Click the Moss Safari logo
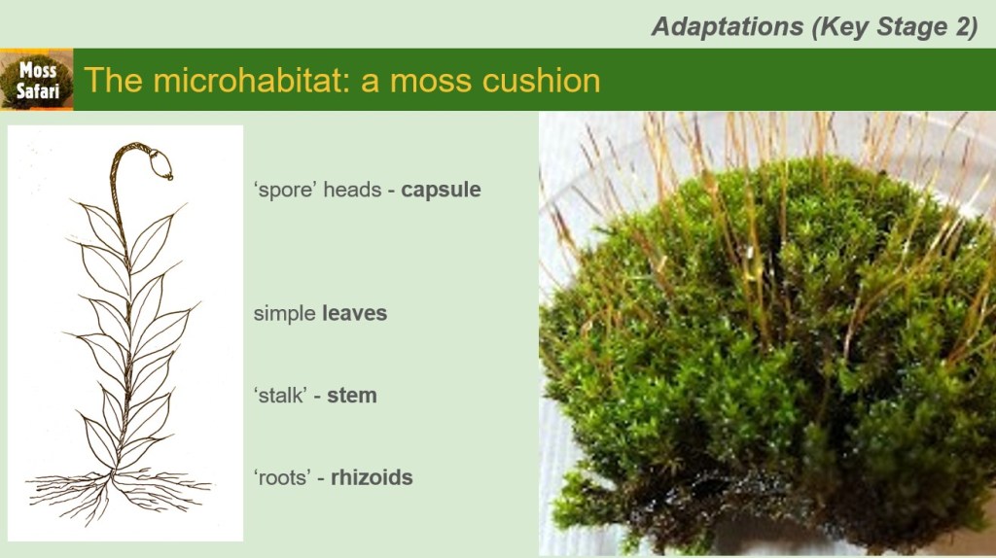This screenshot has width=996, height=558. pyautogui.click(x=37, y=80)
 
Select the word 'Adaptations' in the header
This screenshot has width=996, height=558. pyautogui.click(x=728, y=26)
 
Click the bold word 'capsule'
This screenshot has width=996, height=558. pyautogui.click(x=441, y=190)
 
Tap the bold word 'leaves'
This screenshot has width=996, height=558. pyautogui.click(x=354, y=313)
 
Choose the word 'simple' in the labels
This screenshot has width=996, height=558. pyautogui.click(x=285, y=314)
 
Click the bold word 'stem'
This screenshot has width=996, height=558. pyautogui.click(x=352, y=396)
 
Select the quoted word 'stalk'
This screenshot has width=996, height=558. pyautogui.click(x=280, y=396)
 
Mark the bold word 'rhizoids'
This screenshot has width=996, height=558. pyautogui.click(x=372, y=477)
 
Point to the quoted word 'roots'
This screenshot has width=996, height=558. pyautogui.click(x=282, y=478)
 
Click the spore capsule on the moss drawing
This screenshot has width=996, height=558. pyautogui.click(x=160, y=164)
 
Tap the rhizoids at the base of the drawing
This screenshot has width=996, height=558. pyautogui.click(x=118, y=495)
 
